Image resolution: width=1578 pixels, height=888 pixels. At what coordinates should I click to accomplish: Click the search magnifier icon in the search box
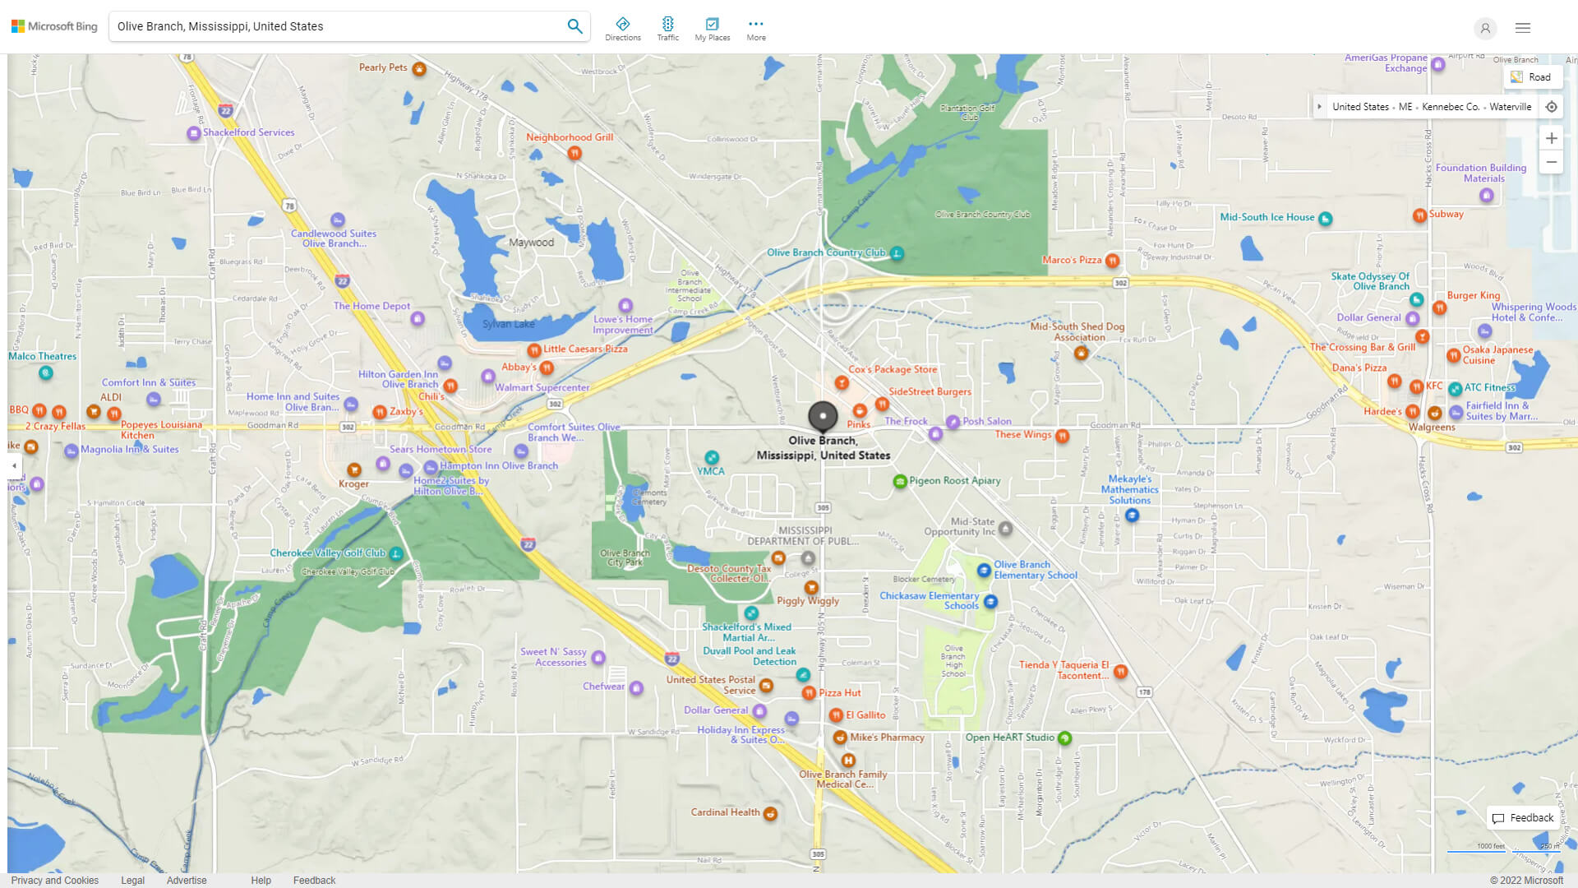point(574,26)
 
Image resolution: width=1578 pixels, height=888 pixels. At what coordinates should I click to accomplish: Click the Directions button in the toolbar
point(623,29)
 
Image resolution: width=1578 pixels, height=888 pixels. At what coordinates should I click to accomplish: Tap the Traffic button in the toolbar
point(667,29)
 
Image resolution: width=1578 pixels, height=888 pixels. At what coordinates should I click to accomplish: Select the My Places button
point(712,29)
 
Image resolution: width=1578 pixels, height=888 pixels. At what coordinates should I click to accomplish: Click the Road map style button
point(1532,77)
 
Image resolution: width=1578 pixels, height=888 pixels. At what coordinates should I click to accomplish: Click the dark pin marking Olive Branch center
point(823,417)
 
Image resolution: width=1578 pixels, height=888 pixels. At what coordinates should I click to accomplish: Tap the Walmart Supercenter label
point(542,388)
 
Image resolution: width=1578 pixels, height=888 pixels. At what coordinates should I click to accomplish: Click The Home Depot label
point(371,306)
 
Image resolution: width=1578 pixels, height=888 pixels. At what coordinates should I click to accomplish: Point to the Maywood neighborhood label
point(531,243)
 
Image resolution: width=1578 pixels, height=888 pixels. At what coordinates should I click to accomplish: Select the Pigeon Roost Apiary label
point(954,481)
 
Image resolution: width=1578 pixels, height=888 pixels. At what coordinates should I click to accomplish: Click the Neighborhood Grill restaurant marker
point(574,153)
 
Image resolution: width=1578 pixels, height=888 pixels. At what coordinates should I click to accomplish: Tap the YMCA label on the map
point(711,471)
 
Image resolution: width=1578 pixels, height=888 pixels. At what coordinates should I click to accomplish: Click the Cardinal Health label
point(725,812)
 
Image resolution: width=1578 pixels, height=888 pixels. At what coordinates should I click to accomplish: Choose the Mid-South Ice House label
point(1267,217)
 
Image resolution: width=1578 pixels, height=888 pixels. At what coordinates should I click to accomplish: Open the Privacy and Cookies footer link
point(55,881)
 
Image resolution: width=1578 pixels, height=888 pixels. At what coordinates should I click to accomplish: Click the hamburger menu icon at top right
point(1523,28)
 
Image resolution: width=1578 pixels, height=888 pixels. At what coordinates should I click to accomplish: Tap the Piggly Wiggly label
point(808,601)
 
